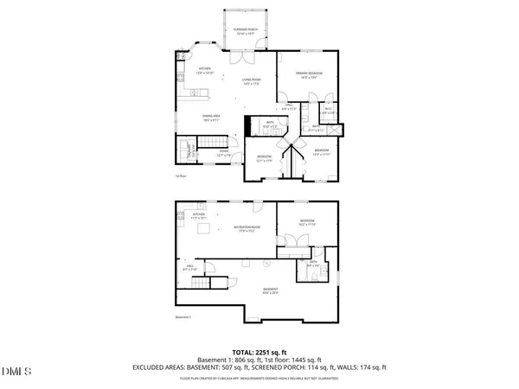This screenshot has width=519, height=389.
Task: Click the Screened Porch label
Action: point(246,32)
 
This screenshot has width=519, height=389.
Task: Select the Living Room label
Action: point(252,80)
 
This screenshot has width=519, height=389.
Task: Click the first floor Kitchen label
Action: point(205,71)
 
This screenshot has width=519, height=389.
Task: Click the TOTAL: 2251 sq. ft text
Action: point(259,353)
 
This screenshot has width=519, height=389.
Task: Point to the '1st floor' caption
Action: point(182,177)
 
